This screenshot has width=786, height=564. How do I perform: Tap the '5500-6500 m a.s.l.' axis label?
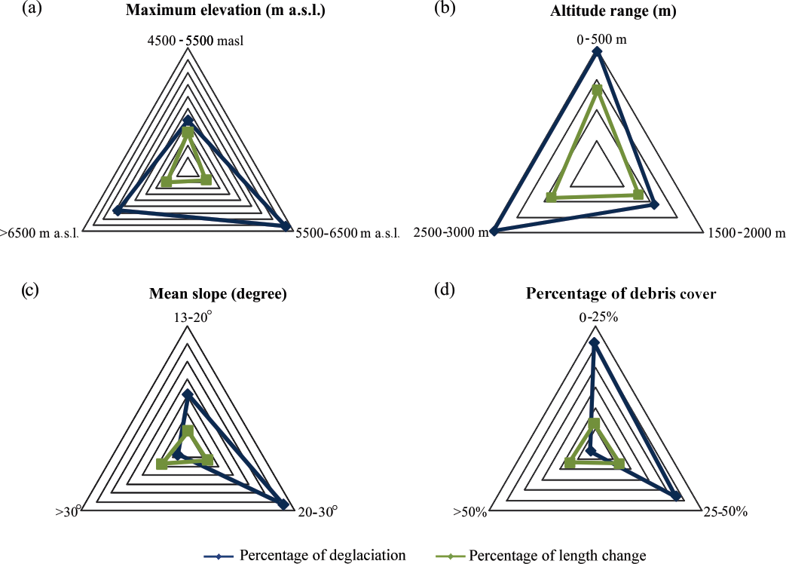pyautogui.click(x=347, y=234)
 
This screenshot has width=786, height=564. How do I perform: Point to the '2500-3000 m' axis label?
pyautogui.click(x=451, y=233)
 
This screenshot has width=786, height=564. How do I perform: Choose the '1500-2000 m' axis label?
pyautogui.click(x=746, y=233)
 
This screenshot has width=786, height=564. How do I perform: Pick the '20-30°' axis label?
pyautogui.click(x=317, y=512)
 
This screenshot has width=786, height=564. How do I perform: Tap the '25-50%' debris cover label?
pyautogui.click(x=724, y=512)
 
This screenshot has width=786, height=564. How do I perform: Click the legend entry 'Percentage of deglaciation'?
pyautogui.click(x=323, y=556)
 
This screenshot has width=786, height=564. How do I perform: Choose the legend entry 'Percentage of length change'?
pyautogui.click(x=557, y=556)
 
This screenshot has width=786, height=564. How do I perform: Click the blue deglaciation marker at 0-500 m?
pyautogui.click(x=597, y=51)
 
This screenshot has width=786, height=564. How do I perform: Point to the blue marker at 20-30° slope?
pyautogui.click(x=283, y=504)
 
